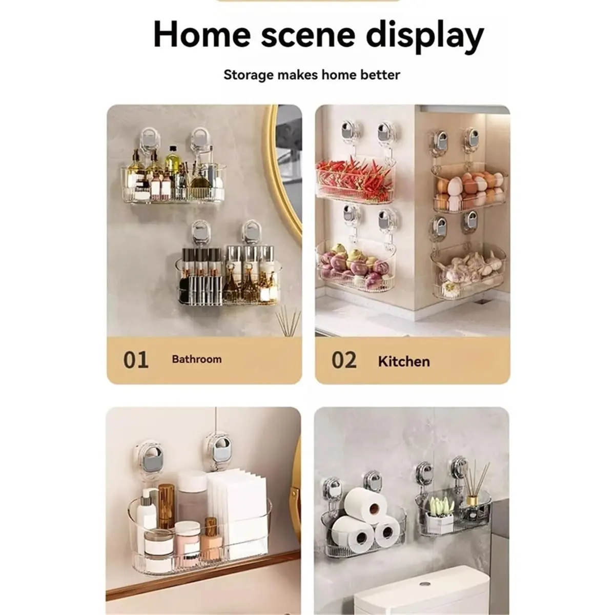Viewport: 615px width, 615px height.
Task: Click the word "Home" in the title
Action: click(202, 34)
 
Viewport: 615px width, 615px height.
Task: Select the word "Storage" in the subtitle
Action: click(248, 75)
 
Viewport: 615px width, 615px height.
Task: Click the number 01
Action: click(136, 360)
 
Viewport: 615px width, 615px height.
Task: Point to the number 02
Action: click(344, 360)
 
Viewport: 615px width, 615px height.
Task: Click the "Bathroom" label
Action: click(197, 359)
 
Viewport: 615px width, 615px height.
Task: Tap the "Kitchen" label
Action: click(404, 361)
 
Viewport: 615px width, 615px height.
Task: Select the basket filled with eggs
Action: click(469, 188)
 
